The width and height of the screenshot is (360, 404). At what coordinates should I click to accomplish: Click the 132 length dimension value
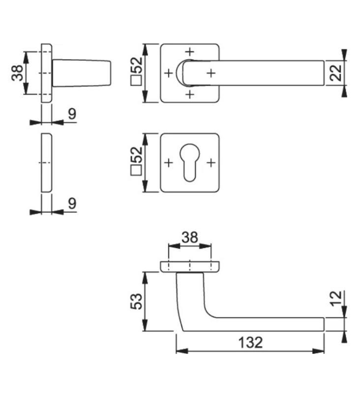(x=250, y=343)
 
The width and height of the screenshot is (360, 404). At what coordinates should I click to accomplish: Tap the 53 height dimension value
(x=136, y=301)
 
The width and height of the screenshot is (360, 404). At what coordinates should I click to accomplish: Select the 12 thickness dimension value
(x=336, y=298)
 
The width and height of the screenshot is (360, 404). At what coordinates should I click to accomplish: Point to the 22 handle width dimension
(x=336, y=73)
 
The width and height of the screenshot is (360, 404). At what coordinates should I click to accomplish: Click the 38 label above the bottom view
(x=190, y=237)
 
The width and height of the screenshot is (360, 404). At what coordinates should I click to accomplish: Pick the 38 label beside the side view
(x=18, y=73)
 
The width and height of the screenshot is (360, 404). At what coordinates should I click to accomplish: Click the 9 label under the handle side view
(x=72, y=114)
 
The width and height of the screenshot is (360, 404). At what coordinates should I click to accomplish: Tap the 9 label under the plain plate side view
(x=72, y=203)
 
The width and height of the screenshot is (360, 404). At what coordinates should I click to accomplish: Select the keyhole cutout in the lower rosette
(x=189, y=163)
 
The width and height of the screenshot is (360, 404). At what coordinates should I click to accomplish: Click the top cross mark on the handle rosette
(x=190, y=52)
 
